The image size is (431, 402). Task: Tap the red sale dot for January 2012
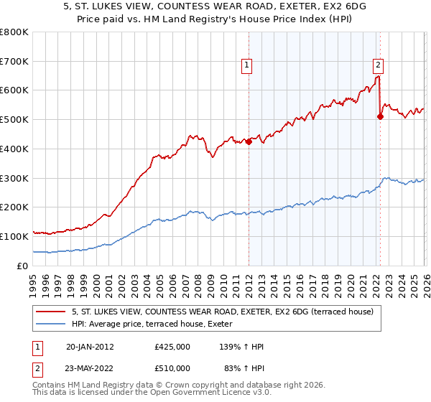click(249, 141)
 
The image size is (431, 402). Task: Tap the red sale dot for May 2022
click(380, 117)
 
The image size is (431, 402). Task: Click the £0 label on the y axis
click(22, 266)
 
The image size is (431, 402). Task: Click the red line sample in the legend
click(51, 312)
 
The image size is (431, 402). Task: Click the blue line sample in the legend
click(51, 324)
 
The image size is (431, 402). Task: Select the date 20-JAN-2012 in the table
click(90, 346)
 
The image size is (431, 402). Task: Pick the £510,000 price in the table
click(172, 368)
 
